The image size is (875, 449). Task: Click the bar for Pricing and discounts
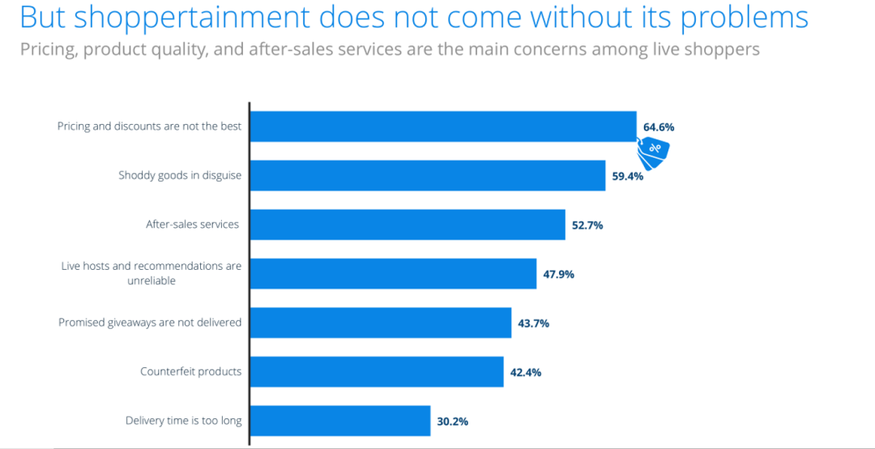(443, 126)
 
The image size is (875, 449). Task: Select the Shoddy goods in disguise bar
(428, 175)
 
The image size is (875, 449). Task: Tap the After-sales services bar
(408, 224)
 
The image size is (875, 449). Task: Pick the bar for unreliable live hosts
(393, 274)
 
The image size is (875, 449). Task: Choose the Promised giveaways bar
(381, 323)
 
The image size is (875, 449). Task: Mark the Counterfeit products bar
(377, 372)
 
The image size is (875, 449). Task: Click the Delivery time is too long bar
(340, 421)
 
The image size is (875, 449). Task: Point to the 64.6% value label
(659, 127)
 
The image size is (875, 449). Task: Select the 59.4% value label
(628, 176)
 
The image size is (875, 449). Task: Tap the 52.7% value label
(587, 225)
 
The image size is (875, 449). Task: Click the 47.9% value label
(559, 274)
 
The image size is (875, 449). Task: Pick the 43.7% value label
(534, 323)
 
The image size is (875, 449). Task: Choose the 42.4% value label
(526, 373)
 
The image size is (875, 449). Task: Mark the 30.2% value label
(453, 421)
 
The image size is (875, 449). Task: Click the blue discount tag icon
(654, 150)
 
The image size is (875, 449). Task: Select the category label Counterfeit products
(191, 372)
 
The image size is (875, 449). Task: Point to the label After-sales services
(193, 224)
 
